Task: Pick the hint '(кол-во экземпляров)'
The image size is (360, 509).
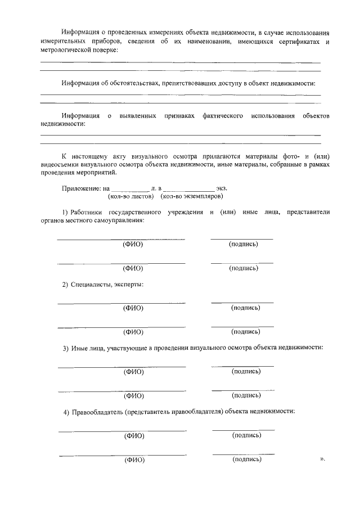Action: point(192,197)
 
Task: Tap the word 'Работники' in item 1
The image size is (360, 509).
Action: point(87,212)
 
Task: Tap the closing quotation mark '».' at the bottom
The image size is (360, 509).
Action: point(322,459)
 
